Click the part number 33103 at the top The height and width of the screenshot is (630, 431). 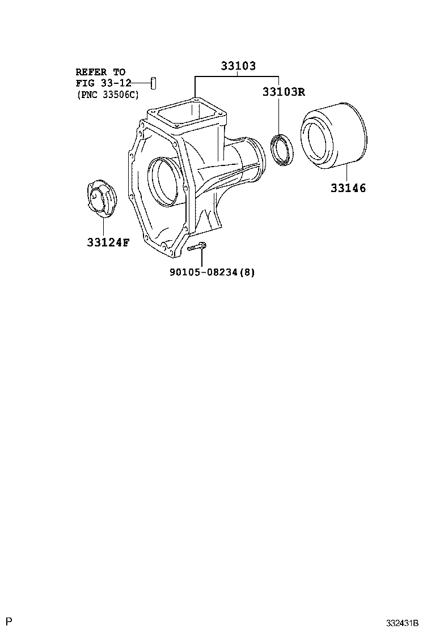238,66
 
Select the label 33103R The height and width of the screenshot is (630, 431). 284,92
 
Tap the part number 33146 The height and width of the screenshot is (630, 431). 348,188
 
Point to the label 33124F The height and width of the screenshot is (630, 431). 108,243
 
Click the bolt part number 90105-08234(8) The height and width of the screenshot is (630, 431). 212,272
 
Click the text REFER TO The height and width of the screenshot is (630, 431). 100,72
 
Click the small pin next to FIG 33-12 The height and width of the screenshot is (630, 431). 153,82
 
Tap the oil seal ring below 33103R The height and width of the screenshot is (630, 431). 282,151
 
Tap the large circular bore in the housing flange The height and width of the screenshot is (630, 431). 164,180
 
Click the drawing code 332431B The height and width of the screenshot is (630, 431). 402,623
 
